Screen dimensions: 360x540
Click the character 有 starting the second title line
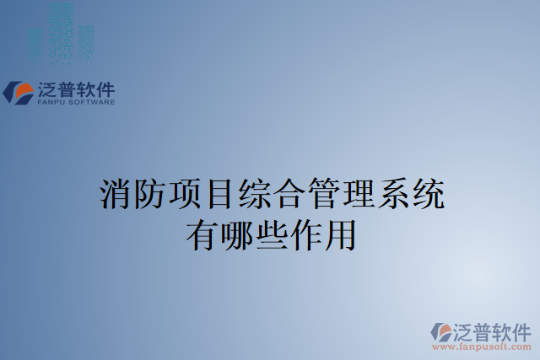202,232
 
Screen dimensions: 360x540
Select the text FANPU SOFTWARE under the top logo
76,102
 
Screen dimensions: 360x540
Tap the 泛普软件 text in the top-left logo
76,89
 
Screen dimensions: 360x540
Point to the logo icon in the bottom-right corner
441,331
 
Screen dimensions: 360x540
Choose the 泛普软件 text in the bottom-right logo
493,330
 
